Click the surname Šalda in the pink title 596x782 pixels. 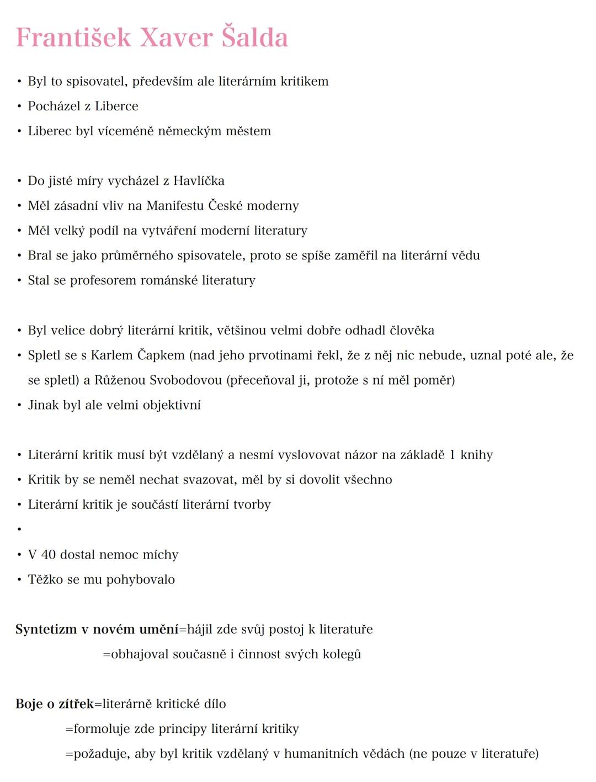coord(254,38)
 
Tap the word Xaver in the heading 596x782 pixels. coord(176,38)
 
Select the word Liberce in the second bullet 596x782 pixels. coord(116,106)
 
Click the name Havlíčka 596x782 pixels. coord(199,181)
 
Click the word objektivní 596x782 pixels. coord(172,405)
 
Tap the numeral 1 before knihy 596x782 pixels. coord(453,455)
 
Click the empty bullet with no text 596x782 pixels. coord(19,529)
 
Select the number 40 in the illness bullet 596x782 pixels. coord(48,555)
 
